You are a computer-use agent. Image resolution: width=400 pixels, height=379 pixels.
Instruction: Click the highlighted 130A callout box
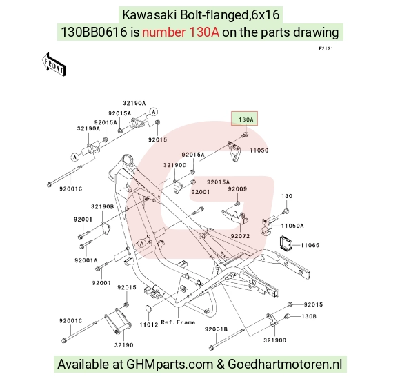(x=244, y=119)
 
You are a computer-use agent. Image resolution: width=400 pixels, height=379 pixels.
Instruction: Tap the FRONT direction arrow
(x=54, y=65)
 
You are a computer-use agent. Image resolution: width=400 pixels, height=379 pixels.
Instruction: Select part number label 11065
(x=310, y=245)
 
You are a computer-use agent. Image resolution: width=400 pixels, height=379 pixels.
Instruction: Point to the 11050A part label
(x=292, y=226)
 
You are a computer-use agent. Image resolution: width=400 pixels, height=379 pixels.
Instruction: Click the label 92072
(x=240, y=236)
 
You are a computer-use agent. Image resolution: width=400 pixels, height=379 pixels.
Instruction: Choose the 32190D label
(x=275, y=340)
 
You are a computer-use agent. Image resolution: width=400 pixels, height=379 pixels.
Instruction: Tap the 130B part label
(x=309, y=316)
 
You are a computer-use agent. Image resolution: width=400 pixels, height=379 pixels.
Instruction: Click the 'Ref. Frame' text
(x=178, y=322)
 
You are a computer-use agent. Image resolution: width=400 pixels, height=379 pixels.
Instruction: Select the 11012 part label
(x=149, y=325)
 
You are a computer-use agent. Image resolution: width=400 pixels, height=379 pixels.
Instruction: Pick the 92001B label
(x=216, y=329)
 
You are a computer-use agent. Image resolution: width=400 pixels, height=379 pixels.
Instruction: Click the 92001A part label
(x=86, y=260)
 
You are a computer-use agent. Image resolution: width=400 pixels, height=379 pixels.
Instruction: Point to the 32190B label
(x=102, y=206)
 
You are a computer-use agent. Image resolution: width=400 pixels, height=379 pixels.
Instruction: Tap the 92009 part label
(x=237, y=189)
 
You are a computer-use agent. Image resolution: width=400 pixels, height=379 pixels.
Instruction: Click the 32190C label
(x=174, y=165)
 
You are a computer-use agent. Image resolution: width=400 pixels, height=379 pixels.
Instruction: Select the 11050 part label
(x=259, y=150)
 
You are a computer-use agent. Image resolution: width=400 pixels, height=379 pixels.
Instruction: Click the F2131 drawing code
(x=326, y=48)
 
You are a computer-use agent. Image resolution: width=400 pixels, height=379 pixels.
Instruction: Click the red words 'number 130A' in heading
(x=181, y=32)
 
